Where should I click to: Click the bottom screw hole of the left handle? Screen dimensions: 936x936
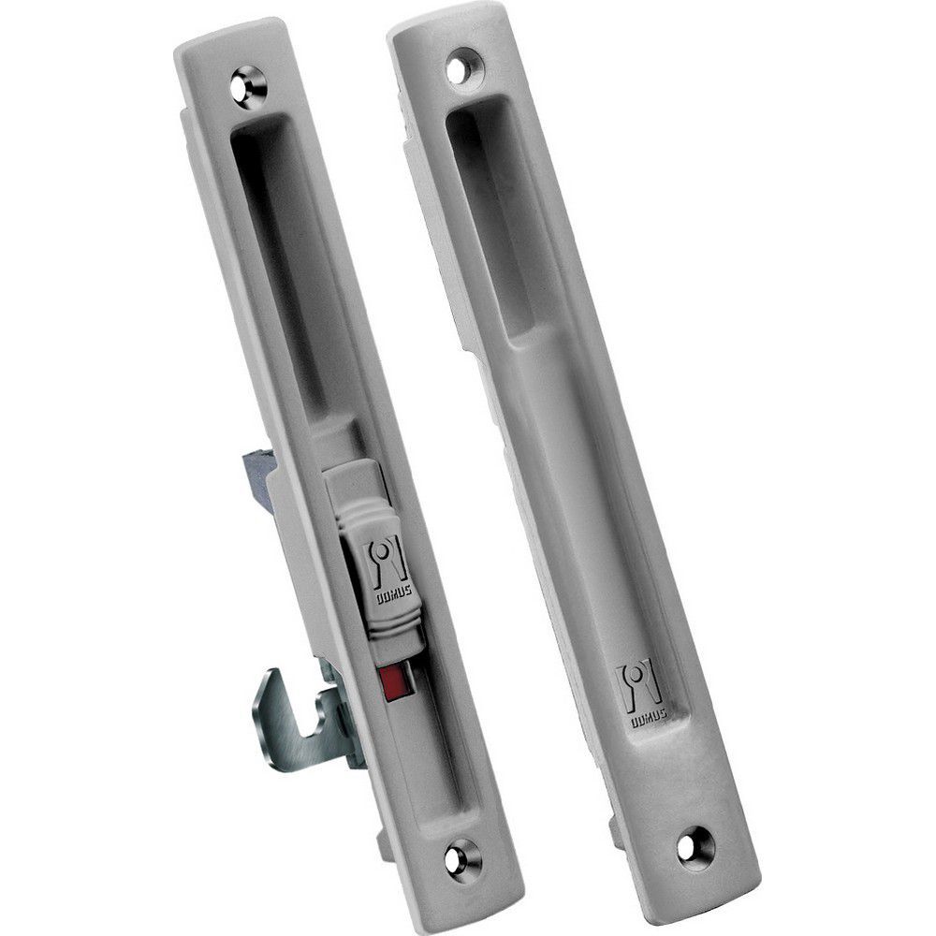461,857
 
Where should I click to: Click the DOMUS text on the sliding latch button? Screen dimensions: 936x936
391,595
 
